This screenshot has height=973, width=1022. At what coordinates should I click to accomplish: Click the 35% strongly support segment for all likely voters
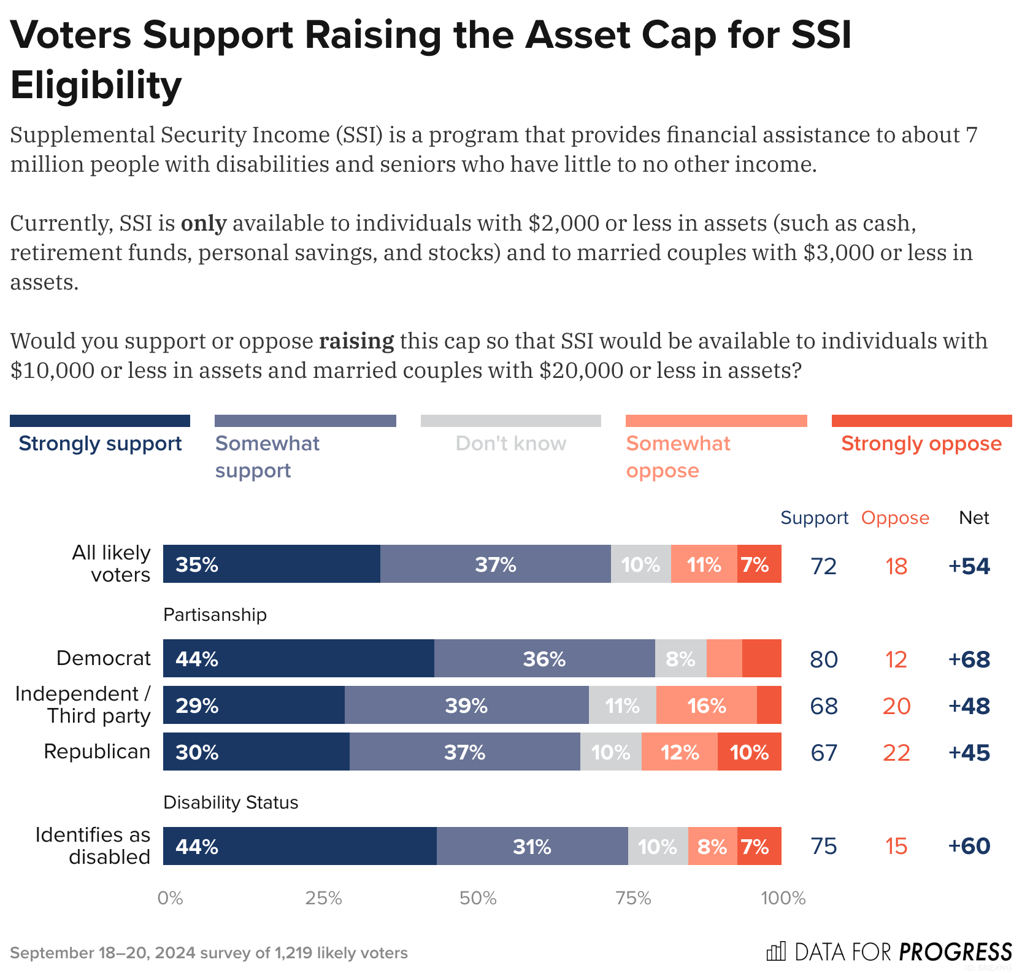click(271, 564)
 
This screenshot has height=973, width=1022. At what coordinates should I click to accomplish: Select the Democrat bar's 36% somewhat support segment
click(544, 658)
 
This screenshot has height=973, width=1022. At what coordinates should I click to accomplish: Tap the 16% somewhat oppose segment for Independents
click(706, 705)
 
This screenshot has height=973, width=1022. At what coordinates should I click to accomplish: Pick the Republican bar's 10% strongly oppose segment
click(749, 752)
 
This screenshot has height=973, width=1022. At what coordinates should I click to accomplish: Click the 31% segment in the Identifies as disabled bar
click(532, 846)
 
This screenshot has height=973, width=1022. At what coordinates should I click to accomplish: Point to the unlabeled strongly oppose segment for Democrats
click(761, 658)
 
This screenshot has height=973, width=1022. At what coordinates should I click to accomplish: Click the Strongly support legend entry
click(100, 443)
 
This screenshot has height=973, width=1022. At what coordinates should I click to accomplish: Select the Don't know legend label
click(510, 443)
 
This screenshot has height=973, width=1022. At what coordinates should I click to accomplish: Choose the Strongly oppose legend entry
click(921, 443)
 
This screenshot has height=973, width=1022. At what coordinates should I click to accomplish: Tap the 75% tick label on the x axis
click(633, 898)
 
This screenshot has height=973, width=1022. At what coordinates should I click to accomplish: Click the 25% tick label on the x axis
click(323, 898)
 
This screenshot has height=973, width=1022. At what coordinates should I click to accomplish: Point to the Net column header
click(974, 518)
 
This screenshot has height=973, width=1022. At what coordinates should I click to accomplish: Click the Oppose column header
click(895, 518)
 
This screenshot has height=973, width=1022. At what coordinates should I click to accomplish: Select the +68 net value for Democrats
click(969, 659)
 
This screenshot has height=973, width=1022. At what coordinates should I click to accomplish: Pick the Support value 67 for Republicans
click(823, 752)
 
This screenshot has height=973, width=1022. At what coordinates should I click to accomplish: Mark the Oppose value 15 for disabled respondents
click(896, 846)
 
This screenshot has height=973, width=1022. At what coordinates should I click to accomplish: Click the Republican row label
click(97, 751)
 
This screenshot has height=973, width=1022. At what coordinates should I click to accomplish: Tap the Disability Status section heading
click(231, 802)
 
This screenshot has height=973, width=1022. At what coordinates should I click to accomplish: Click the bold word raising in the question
click(356, 340)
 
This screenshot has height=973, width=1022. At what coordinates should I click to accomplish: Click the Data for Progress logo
click(889, 952)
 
